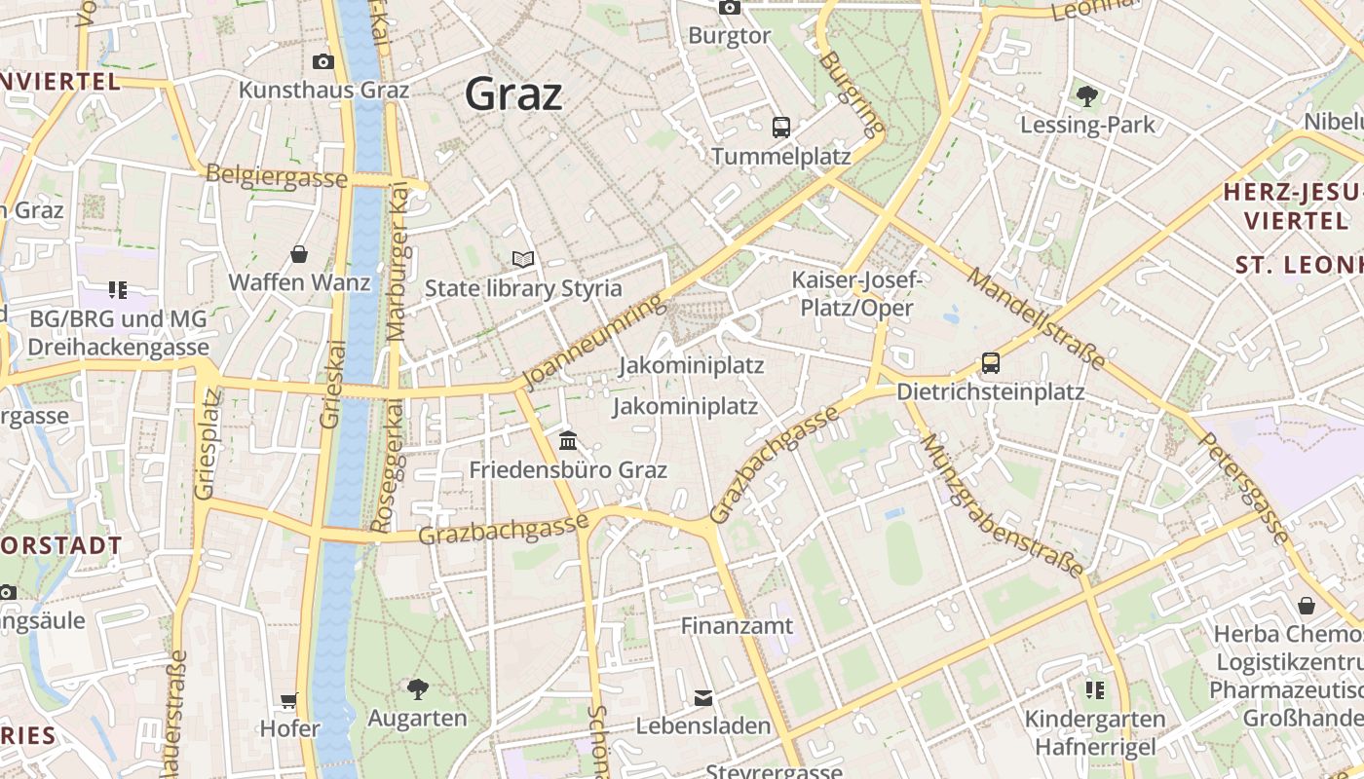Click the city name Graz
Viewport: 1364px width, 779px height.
[513, 93]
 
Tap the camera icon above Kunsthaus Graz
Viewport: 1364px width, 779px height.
[323, 62]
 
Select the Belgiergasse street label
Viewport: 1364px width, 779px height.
[277, 176]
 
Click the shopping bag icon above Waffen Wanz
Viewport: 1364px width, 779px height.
[299, 254]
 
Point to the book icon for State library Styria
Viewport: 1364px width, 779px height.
[523, 259]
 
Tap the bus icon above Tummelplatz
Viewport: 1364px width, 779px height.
[780, 127]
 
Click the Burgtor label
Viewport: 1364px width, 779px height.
[729, 36]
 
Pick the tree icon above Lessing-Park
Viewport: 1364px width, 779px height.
[1087, 95]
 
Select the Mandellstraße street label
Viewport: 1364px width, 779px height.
[1038, 317]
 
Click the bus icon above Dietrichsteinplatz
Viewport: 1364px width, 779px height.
[990, 363]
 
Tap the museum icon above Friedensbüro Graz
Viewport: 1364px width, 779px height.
[568, 441]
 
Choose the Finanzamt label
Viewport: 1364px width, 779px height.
[737, 625]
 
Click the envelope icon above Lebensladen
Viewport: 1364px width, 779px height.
[702, 697]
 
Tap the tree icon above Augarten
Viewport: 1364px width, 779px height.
[417, 689]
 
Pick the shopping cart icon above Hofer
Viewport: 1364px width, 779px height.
[289, 699]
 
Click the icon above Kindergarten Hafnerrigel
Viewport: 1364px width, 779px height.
[1095, 689]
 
